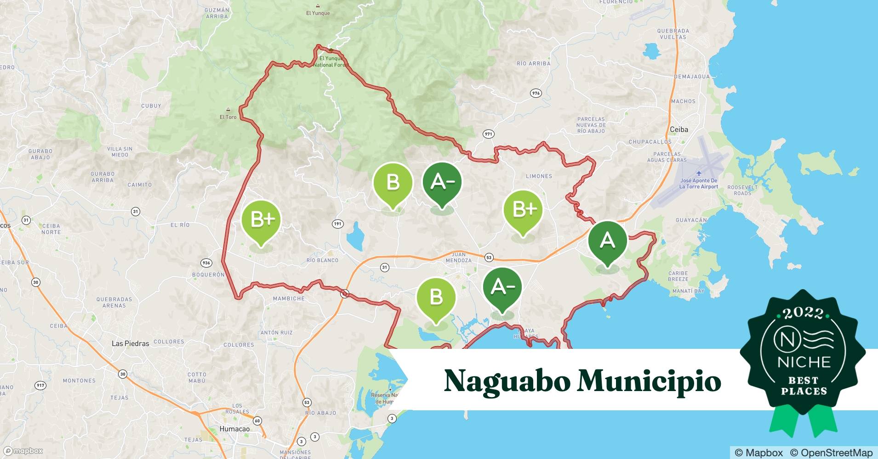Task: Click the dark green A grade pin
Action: coord(607,241)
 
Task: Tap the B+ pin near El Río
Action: coord(261,220)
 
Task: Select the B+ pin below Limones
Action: coord(523,209)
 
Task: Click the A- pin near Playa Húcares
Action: coord(502,287)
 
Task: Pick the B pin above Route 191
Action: coord(393,182)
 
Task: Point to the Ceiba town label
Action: coord(678,129)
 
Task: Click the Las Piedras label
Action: coord(131,343)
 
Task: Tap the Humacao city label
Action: coord(234,429)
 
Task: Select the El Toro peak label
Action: coord(228,117)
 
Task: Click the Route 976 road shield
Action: coord(536,93)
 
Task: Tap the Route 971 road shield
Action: coord(488,134)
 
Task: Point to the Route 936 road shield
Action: coord(206,263)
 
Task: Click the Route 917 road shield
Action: coord(41,386)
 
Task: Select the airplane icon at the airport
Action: coord(699,173)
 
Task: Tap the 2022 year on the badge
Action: coord(803,313)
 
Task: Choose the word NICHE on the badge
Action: coord(804,362)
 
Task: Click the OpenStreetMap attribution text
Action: coord(831,453)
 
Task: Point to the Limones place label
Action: coord(539,176)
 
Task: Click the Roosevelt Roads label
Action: coord(742,190)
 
